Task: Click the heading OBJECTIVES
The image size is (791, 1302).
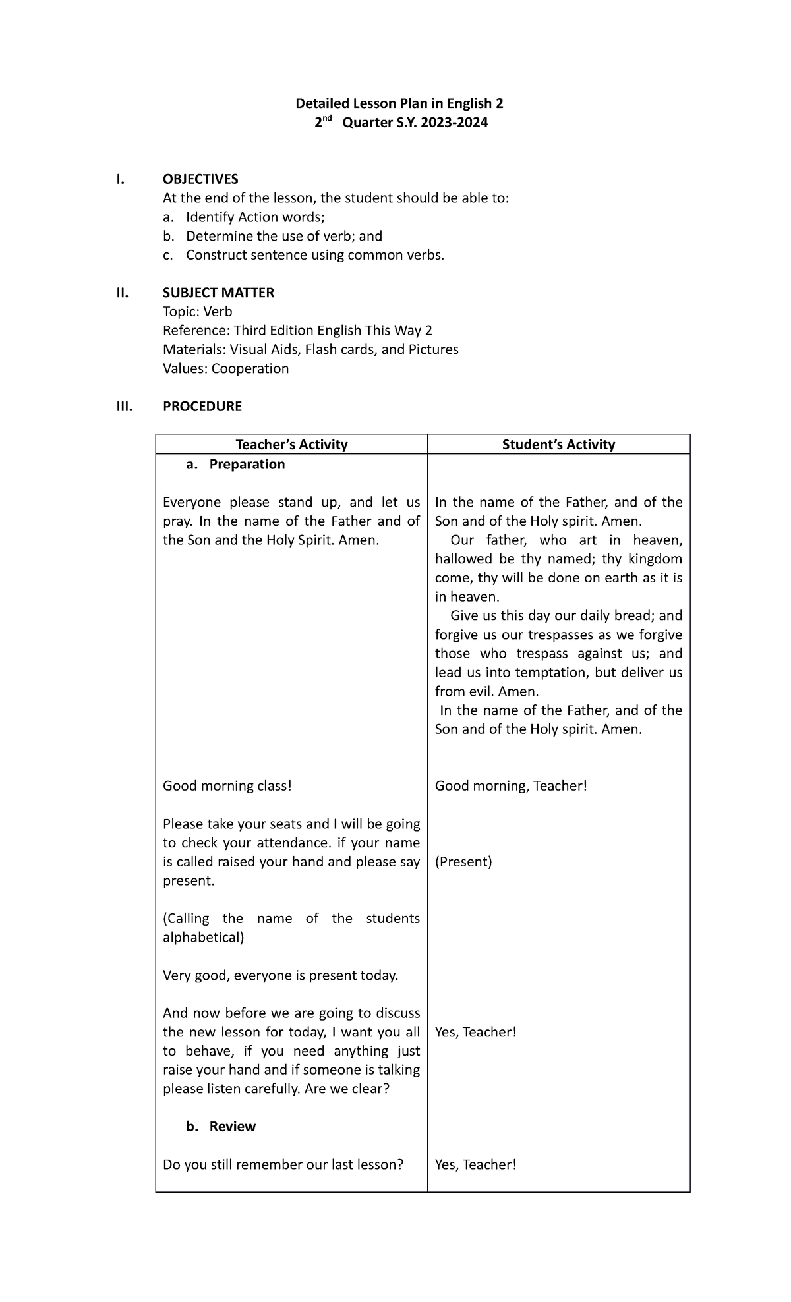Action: pos(200,179)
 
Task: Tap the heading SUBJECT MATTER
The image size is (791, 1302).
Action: pos(218,293)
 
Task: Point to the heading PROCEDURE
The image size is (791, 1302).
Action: pos(202,407)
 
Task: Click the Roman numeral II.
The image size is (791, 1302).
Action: pos(121,293)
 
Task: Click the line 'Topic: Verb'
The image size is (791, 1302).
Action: pos(197,312)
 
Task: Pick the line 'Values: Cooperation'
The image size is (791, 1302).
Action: pos(225,368)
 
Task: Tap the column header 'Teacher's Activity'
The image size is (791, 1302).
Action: pos(291,445)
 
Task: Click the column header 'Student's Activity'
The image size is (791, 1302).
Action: pos(558,445)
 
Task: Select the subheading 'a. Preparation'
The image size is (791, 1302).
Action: pos(235,464)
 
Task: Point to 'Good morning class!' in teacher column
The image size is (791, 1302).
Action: pos(227,786)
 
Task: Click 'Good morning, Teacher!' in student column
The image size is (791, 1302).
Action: pos(510,786)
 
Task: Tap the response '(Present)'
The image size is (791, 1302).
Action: pos(463,862)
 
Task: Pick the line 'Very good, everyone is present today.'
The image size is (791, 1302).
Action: pos(280,976)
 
